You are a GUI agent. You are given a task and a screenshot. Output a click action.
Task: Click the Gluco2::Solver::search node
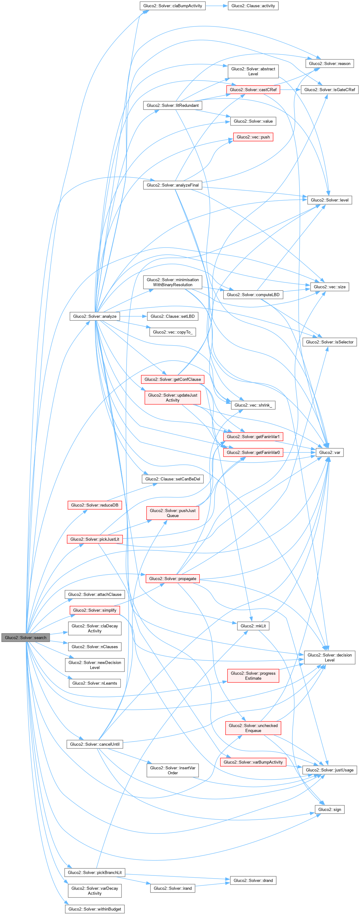[26, 638]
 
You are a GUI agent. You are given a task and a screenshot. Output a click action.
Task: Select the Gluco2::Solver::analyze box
[95, 316]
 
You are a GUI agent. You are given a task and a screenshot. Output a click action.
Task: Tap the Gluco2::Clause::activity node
[253, 6]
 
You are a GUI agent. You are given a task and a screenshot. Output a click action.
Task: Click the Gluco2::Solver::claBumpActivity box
[173, 6]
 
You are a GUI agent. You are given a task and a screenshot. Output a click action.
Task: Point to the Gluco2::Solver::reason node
[330, 64]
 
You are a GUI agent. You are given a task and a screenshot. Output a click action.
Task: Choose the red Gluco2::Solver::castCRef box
[253, 90]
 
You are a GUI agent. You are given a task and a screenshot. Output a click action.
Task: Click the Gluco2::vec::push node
[253, 137]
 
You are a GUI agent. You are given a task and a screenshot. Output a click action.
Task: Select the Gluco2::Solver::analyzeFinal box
[173, 185]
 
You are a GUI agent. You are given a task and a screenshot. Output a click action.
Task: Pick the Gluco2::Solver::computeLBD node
[253, 295]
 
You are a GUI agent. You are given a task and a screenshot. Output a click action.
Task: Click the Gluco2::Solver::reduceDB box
[95, 505]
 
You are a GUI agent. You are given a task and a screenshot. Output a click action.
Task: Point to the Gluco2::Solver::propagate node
[173, 579]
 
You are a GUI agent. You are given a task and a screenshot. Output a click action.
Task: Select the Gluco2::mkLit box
[253, 626]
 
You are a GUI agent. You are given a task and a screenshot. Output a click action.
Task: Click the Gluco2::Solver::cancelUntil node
[95, 744]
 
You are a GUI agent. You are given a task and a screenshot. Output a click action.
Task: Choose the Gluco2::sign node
[330, 809]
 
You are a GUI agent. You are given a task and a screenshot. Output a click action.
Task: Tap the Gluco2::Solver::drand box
[253, 880]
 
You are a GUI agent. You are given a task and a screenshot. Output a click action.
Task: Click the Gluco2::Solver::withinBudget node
[95, 909]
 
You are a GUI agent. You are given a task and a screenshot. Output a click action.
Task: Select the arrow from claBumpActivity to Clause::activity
[217, 6]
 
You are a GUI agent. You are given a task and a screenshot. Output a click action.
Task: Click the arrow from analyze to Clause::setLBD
[133, 316]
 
